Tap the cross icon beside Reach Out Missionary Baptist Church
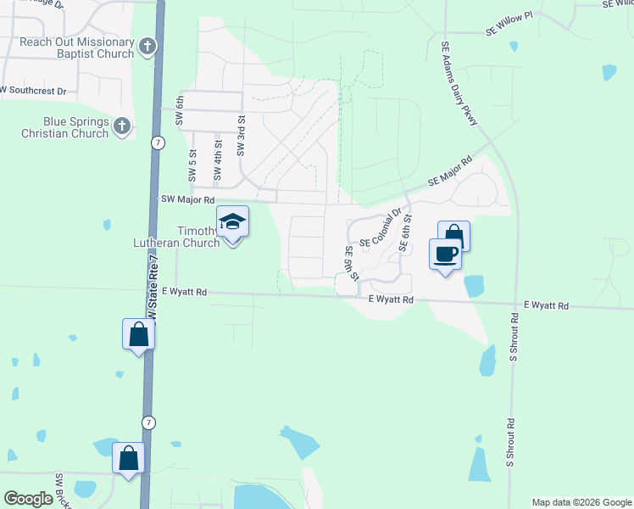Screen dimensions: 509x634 coord(147,47)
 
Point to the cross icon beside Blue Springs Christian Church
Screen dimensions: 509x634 coord(122,127)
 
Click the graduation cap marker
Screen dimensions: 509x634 coord(233,223)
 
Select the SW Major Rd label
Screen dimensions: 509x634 coord(187,199)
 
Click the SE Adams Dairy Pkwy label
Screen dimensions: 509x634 coord(459,85)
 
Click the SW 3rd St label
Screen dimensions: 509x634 coord(241,136)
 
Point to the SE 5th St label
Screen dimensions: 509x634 coord(350,263)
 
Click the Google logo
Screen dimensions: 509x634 coord(29,499)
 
